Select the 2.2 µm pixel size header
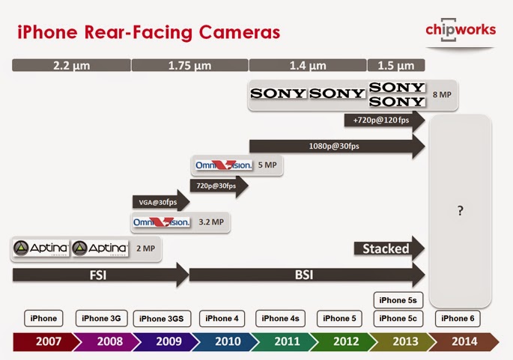tap(72, 65)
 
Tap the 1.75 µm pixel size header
tap(189, 65)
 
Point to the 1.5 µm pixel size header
tap(395, 65)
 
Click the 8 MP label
tap(441, 95)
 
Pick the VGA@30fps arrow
tap(160, 201)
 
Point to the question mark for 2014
tap(461, 211)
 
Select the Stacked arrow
tap(389, 248)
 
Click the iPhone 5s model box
tap(398, 300)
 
